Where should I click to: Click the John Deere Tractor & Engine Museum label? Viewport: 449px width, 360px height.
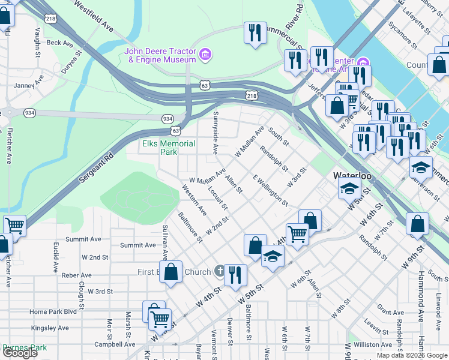(160, 55)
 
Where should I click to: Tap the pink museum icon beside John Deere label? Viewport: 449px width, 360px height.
(205, 55)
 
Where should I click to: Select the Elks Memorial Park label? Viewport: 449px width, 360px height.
(169, 148)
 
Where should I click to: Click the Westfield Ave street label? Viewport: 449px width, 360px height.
(94, 16)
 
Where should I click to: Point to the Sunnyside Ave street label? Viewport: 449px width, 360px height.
(215, 132)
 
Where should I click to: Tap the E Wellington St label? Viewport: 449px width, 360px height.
(270, 190)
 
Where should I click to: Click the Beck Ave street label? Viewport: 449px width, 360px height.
(59, 43)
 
